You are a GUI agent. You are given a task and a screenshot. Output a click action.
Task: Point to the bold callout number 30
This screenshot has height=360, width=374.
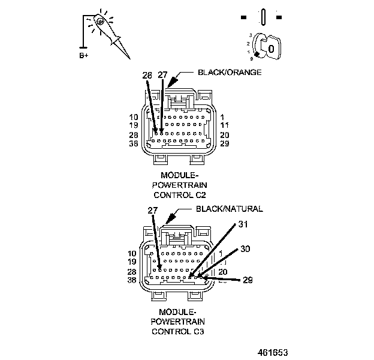click(x=245, y=248)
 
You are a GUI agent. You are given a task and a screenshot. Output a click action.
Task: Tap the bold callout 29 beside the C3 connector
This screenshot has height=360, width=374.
click(x=248, y=280)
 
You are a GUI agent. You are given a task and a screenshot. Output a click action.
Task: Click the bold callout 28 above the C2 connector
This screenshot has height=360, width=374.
click(x=147, y=75)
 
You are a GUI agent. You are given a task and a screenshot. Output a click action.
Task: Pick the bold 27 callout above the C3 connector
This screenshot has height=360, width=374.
click(x=152, y=211)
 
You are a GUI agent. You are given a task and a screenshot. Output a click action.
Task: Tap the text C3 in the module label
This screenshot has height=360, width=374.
click(x=192, y=331)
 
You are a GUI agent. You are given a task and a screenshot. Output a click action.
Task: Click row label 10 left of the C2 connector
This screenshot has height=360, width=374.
click(x=134, y=117)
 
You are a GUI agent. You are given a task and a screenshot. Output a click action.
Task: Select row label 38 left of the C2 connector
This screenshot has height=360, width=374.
click(x=134, y=145)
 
